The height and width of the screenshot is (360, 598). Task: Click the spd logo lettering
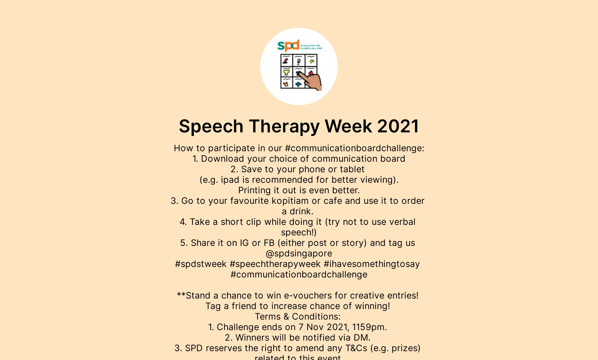tap(288, 46)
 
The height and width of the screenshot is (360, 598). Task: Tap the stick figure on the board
tap(299, 61)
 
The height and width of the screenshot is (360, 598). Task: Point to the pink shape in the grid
tap(286, 60)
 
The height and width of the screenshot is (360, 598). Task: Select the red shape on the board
tap(311, 73)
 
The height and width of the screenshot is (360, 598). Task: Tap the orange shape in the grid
tap(286, 83)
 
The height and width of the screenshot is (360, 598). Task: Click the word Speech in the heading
tap(211, 126)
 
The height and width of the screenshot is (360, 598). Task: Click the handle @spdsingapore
tap(299, 253)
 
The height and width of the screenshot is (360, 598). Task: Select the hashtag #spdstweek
tap(201, 264)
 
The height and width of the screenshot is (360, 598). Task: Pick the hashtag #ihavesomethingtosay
tap(372, 264)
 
